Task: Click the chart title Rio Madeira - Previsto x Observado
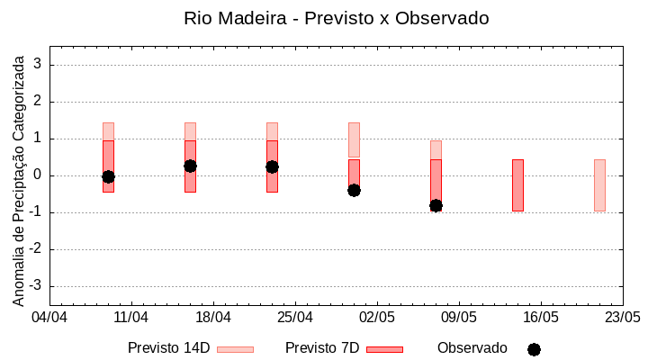point(336,18)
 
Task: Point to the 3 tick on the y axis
point(39,65)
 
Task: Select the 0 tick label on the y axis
point(39,175)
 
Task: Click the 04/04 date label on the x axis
point(49,318)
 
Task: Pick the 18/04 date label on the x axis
point(213,318)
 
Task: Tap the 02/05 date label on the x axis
point(377,318)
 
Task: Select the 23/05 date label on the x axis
point(622,318)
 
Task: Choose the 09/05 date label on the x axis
point(459,318)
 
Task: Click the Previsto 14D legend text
point(168,348)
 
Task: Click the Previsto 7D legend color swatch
point(384,349)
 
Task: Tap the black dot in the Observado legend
point(534,349)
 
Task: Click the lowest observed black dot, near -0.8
point(436,205)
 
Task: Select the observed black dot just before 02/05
point(354,190)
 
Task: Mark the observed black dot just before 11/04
point(108,176)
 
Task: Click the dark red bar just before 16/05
point(517,184)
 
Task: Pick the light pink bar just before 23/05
point(599,184)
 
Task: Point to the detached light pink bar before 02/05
point(354,139)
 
